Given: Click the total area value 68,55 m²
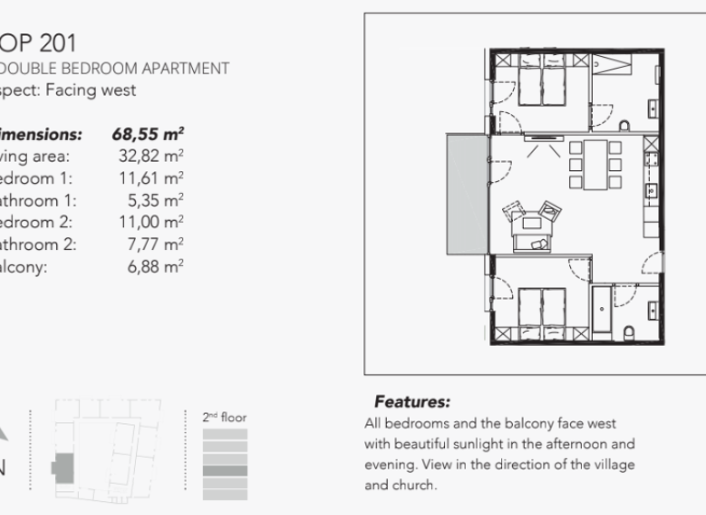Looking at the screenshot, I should tap(148, 134).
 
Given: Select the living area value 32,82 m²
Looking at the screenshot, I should tap(151, 156).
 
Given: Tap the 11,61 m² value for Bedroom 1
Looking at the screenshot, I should tap(151, 178).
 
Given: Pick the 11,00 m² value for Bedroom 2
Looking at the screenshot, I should tap(151, 223).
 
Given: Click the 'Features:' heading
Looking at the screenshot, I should tap(412, 402).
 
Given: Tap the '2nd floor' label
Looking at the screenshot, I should tap(224, 418).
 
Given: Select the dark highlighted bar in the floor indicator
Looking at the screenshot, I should tap(224, 470).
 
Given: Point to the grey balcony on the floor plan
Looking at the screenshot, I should tap(466, 194).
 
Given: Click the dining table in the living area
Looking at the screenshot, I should tap(596, 165).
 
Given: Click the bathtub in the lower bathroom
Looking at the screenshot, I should tap(603, 310).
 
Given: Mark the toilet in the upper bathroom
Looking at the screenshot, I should tap(625, 124).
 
